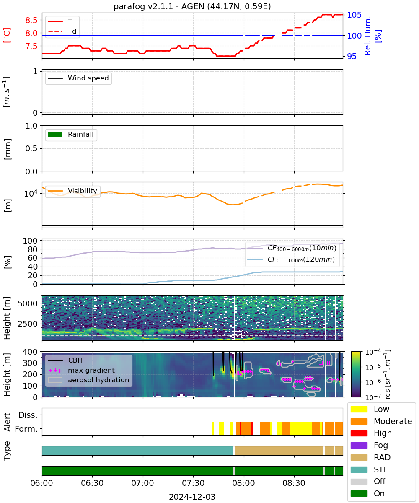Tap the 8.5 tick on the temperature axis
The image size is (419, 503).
point(31,20)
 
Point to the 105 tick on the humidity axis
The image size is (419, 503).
point(354,15)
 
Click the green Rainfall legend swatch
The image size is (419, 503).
point(55,134)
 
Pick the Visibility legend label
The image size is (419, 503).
point(83,191)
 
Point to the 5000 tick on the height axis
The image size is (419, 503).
point(28,303)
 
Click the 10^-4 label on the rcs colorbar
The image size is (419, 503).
point(373,352)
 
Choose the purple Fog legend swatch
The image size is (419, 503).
point(359,445)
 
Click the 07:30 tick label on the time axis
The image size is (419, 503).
point(193,483)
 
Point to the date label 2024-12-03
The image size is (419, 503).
point(192,497)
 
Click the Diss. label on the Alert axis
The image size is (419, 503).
point(28,415)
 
